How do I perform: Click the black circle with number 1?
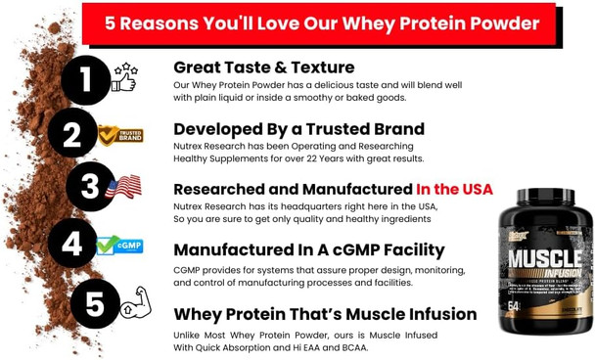click(x=86, y=80)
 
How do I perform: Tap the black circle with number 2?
click(x=72, y=133)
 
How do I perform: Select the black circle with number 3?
click(x=91, y=187)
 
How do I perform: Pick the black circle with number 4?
click(x=72, y=244)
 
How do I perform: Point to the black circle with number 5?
click(x=95, y=303)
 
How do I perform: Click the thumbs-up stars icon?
click(x=124, y=77)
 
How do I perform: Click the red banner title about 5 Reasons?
click(x=322, y=23)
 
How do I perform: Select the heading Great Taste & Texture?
click(x=263, y=67)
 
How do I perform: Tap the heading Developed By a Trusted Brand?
click(x=298, y=129)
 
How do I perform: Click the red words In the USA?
click(x=454, y=189)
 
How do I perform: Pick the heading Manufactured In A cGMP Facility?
click(x=308, y=249)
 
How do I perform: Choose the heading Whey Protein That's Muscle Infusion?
click(x=325, y=314)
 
